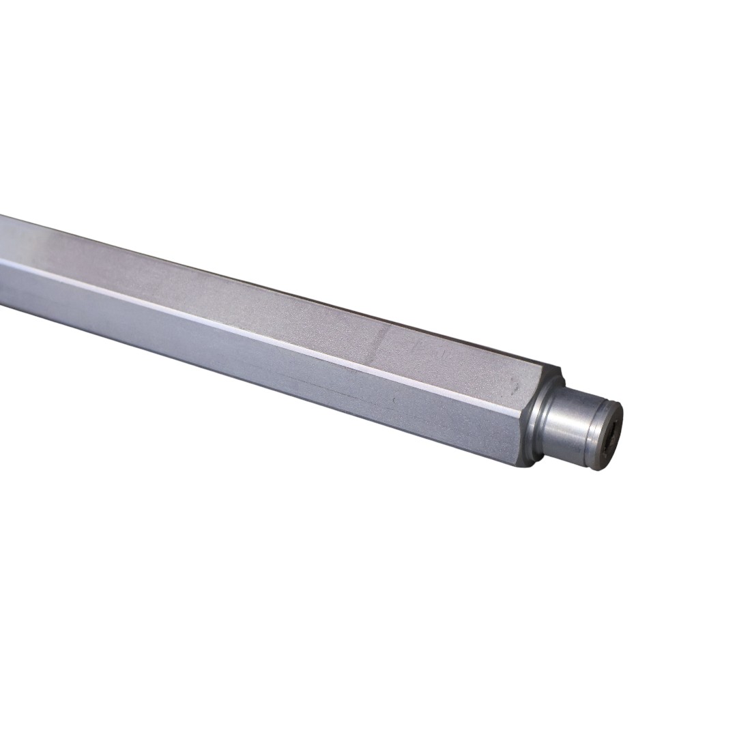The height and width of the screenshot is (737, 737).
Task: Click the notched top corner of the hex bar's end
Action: pyautogui.click(x=560, y=372)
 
